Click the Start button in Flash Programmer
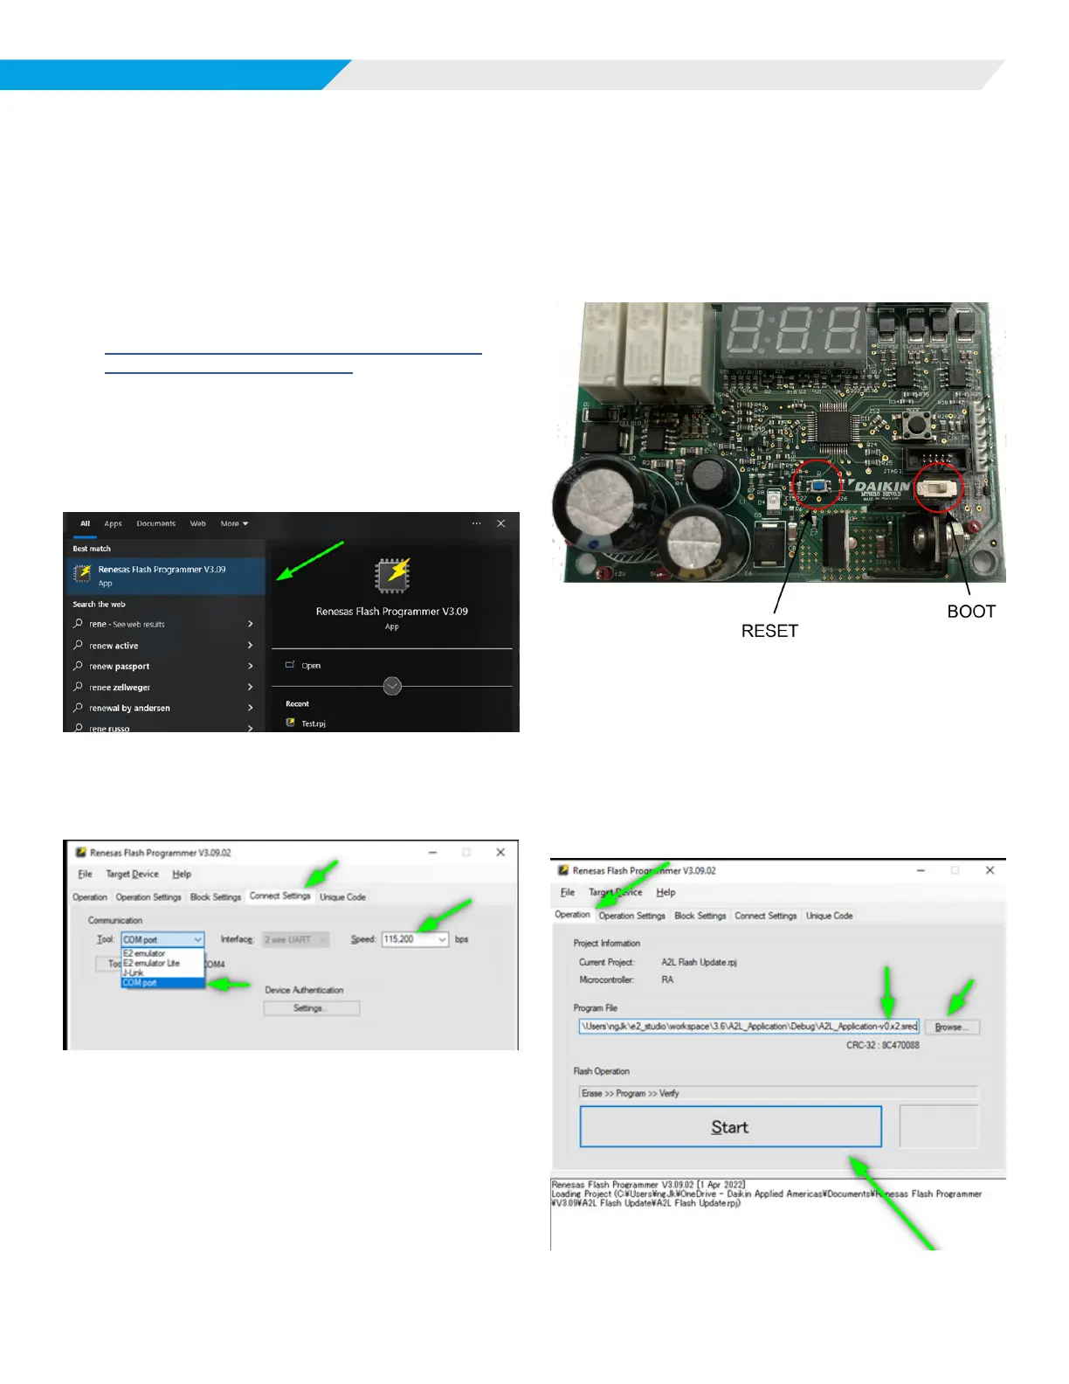(730, 1127)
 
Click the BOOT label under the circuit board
(971, 612)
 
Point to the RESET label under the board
(769, 631)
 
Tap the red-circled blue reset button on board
(818, 486)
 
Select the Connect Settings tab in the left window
(279, 896)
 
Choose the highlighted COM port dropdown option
(162, 983)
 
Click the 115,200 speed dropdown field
(415, 939)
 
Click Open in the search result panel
(311, 666)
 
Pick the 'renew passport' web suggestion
(120, 667)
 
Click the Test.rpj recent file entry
(313, 723)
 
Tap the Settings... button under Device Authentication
(311, 1008)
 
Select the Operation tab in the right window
(573, 915)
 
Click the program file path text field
(748, 1027)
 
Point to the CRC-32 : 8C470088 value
(882, 1045)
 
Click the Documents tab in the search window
(155, 524)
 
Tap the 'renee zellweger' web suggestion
(120, 688)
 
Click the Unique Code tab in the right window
(829, 916)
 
